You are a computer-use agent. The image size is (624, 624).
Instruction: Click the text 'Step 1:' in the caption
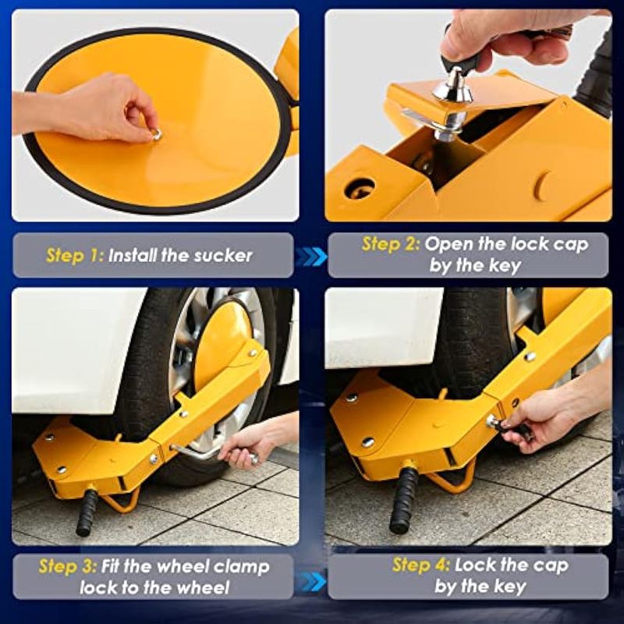[75, 256]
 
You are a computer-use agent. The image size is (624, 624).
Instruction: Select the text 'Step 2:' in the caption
[391, 244]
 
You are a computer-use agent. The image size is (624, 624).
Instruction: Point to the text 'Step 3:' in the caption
[67, 566]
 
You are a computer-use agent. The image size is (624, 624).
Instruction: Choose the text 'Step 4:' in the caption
[420, 565]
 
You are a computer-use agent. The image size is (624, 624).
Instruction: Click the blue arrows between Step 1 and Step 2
[311, 256]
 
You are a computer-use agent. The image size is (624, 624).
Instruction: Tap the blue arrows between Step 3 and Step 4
[311, 582]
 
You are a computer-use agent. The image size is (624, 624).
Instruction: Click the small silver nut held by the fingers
[157, 134]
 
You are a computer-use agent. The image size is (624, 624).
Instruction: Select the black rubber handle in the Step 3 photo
[87, 512]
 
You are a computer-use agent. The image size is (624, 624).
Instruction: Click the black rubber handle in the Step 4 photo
[404, 500]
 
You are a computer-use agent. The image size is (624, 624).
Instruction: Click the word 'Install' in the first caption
[133, 256]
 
